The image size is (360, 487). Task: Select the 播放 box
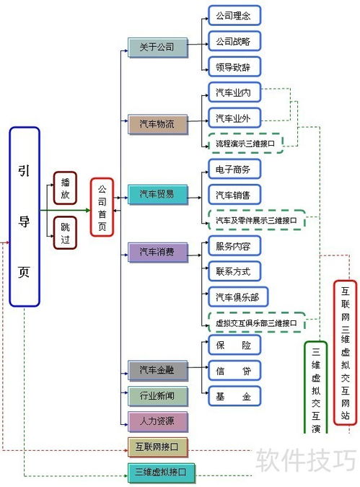pyautogui.click(x=65, y=189)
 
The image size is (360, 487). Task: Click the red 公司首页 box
pyautogui.click(x=102, y=207)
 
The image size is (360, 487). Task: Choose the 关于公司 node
pyautogui.click(x=157, y=48)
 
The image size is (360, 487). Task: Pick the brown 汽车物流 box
pyautogui.click(x=157, y=123)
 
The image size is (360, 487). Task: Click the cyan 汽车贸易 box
pyautogui.click(x=157, y=194)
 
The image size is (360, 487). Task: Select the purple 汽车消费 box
pyautogui.click(x=157, y=252)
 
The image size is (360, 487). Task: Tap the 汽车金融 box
pyautogui.click(x=157, y=371)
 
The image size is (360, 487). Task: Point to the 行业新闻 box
pyautogui.click(x=157, y=395)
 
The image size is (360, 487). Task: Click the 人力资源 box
pyautogui.click(x=157, y=421)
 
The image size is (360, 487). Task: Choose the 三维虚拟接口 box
pyautogui.click(x=157, y=473)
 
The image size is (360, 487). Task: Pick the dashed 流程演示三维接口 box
pyautogui.click(x=245, y=144)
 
